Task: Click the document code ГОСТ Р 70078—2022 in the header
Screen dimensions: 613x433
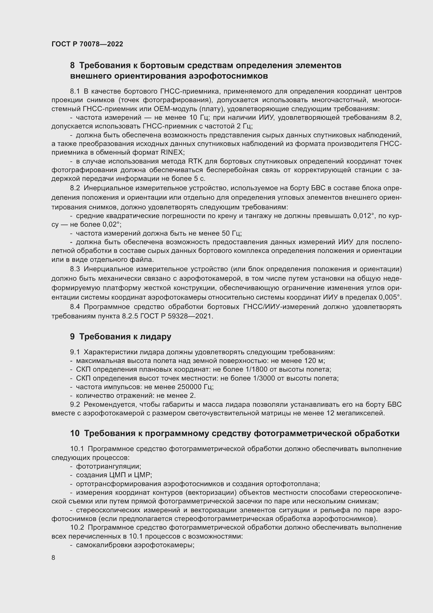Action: point(87,44)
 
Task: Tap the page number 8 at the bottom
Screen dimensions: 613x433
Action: point(53,557)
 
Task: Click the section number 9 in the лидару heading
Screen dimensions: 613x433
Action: point(72,337)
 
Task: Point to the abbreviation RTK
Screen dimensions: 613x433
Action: point(196,161)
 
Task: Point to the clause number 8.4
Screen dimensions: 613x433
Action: point(75,307)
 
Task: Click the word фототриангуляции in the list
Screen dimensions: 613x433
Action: point(109,466)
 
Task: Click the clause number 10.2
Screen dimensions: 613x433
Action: point(77,528)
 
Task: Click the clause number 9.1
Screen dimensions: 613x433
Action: point(75,352)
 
